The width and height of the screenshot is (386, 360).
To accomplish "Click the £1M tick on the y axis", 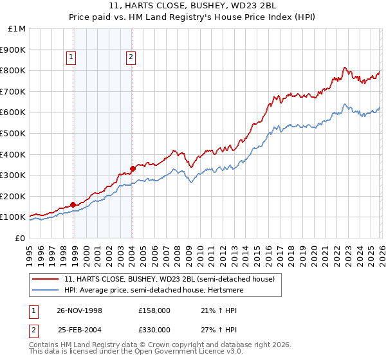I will tap(17, 29).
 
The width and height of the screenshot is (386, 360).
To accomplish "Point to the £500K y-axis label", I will tap(13, 133).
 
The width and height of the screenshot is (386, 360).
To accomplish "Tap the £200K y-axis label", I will tap(13, 196).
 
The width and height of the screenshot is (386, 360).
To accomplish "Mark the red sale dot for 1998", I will tap(73, 204).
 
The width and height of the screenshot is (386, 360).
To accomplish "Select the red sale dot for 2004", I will tap(133, 168).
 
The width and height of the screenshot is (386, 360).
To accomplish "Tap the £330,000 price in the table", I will tap(154, 329).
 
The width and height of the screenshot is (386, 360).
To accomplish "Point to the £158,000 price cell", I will tap(154, 310).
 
